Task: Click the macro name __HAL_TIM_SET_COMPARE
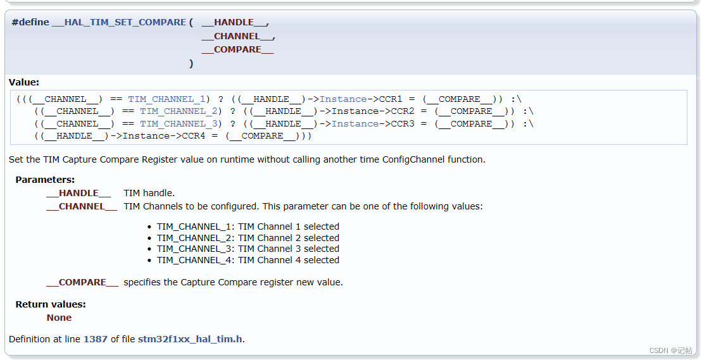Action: click(119, 22)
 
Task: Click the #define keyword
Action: click(30, 22)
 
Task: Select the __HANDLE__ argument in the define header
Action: click(234, 22)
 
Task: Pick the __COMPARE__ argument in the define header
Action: click(237, 49)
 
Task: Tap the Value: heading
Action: click(24, 82)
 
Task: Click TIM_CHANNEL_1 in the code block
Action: click(166, 99)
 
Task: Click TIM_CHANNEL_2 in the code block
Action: click(179, 111)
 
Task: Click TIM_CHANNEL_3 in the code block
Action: click(179, 123)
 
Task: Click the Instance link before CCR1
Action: click(343, 99)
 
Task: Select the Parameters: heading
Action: click(45, 180)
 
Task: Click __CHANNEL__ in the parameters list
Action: click(82, 206)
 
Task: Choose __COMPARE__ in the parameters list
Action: click(82, 282)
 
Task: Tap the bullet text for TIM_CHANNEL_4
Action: click(248, 260)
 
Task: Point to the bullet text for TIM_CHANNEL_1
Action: click(248, 227)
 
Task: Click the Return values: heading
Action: click(51, 304)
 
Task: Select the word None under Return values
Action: click(59, 318)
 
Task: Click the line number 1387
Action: click(96, 339)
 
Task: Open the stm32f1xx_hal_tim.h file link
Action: click(190, 339)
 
